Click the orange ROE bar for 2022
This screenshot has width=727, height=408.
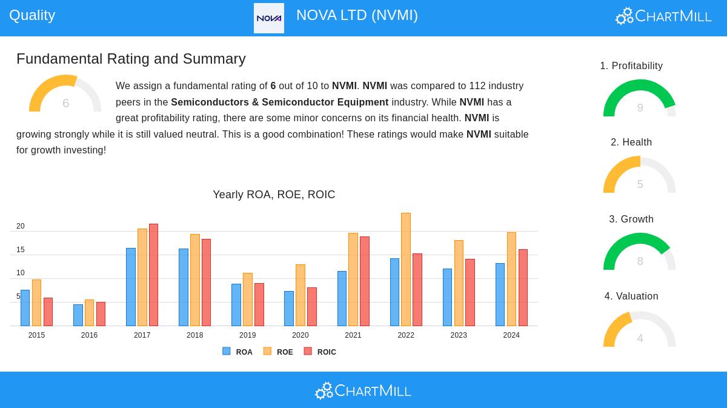pyautogui.click(x=406, y=269)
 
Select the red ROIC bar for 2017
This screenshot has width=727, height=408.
pyautogui.click(x=153, y=275)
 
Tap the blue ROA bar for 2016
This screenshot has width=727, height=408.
pyautogui.click(x=78, y=315)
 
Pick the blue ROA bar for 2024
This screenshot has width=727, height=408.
pyautogui.click(x=500, y=295)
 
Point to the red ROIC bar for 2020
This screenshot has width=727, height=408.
pyautogui.click(x=312, y=307)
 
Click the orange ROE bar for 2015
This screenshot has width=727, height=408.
pyautogui.click(x=36, y=303)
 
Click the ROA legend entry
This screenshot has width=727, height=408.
pyautogui.click(x=237, y=352)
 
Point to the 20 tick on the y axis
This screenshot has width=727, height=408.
pyautogui.click(x=21, y=226)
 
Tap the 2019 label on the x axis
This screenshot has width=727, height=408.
pyautogui.click(x=247, y=335)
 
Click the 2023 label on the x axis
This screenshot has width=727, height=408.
pyautogui.click(x=459, y=335)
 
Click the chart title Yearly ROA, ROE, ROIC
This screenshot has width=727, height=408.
pyautogui.click(x=274, y=195)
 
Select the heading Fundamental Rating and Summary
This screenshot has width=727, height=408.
pyautogui.click(x=131, y=59)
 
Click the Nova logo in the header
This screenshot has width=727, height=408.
pyautogui.click(x=269, y=18)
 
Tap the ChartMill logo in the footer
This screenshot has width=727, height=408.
pyautogui.click(x=363, y=390)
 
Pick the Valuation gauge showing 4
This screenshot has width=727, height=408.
pyautogui.click(x=640, y=330)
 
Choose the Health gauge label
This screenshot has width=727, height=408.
pyautogui.click(x=631, y=142)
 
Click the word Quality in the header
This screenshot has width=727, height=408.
pyautogui.click(x=32, y=15)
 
